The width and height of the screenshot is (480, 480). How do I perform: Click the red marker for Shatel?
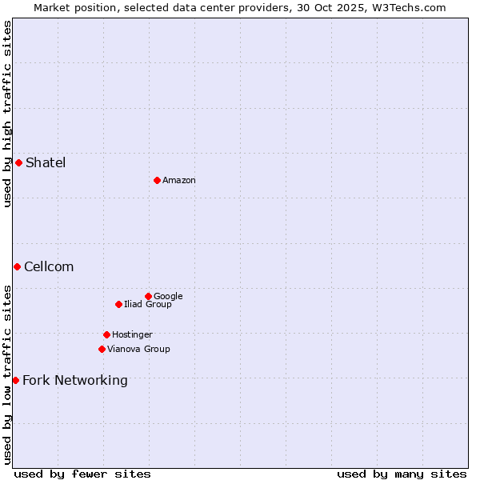[x=18, y=162]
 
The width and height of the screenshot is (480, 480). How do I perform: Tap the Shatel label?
[x=46, y=163]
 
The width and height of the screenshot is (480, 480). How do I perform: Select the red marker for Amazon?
[x=157, y=180]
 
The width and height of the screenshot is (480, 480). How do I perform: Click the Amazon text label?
[x=179, y=181]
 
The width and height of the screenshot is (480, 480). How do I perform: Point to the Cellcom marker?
[x=17, y=266]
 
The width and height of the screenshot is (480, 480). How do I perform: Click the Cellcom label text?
[x=49, y=267]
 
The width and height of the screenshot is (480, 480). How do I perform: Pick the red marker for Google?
[x=148, y=296]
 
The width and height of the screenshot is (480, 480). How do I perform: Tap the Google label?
[x=168, y=297]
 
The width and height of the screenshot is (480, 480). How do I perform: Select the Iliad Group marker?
[x=118, y=304]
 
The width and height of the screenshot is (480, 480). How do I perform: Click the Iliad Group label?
[x=148, y=305]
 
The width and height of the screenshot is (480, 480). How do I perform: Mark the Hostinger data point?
[x=106, y=334]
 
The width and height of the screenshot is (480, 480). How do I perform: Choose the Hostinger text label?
[x=132, y=335]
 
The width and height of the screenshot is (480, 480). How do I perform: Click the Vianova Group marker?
[x=102, y=349]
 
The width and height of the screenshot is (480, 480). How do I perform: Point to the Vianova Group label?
[x=138, y=350]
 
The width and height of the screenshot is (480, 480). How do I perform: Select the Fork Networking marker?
[x=15, y=380]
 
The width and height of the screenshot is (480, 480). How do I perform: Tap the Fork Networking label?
[x=75, y=381]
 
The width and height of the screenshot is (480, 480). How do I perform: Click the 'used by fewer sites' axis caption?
[x=82, y=474]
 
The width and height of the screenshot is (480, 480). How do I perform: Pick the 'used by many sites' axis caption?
[x=402, y=474]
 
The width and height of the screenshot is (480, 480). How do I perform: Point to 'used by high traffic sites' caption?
[x=8, y=114]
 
